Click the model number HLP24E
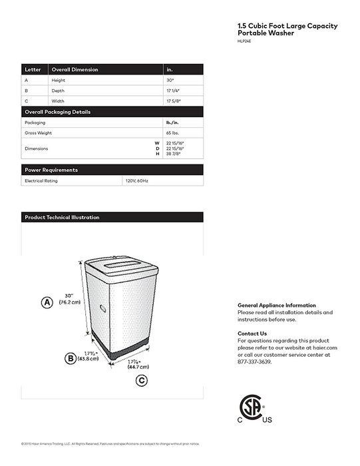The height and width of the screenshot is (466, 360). (244, 43)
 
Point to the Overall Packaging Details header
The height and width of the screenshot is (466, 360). (57, 112)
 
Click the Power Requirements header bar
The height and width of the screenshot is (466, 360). (51, 170)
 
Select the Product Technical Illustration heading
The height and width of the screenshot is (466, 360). (62, 217)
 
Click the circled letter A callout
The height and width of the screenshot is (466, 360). (47, 302)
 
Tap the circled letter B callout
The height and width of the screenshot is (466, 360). (70, 358)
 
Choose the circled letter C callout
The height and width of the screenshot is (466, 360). (141, 380)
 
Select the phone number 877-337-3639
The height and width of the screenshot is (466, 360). (255, 361)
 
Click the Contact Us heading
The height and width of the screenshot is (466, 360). (252, 333)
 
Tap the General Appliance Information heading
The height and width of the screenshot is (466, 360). (277, 304)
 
